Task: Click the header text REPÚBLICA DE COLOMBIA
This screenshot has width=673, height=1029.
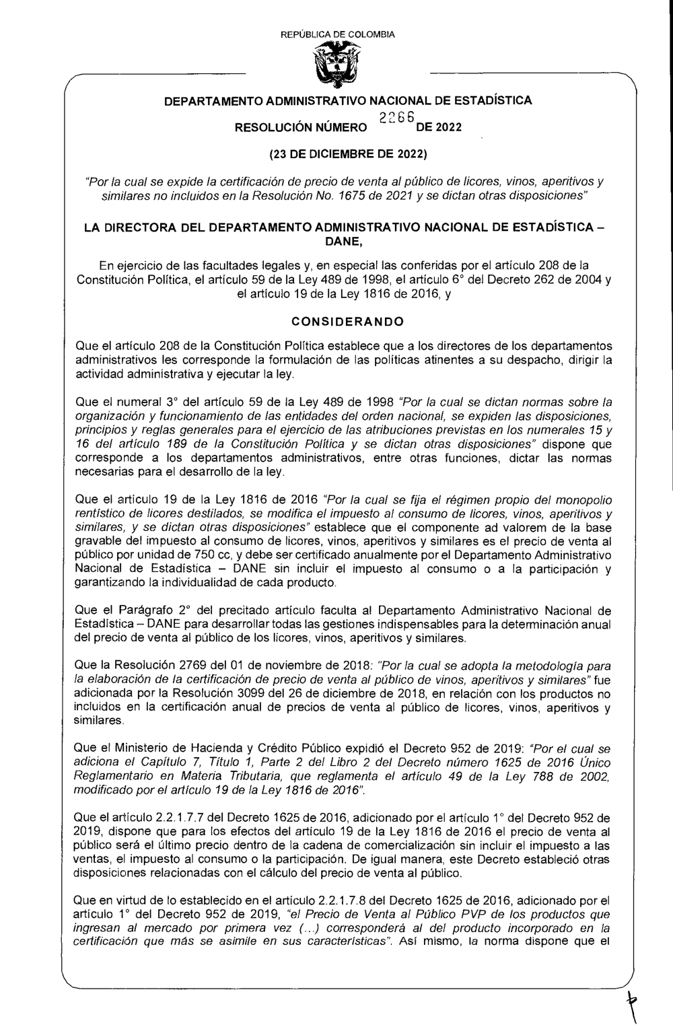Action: coord(337,34)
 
